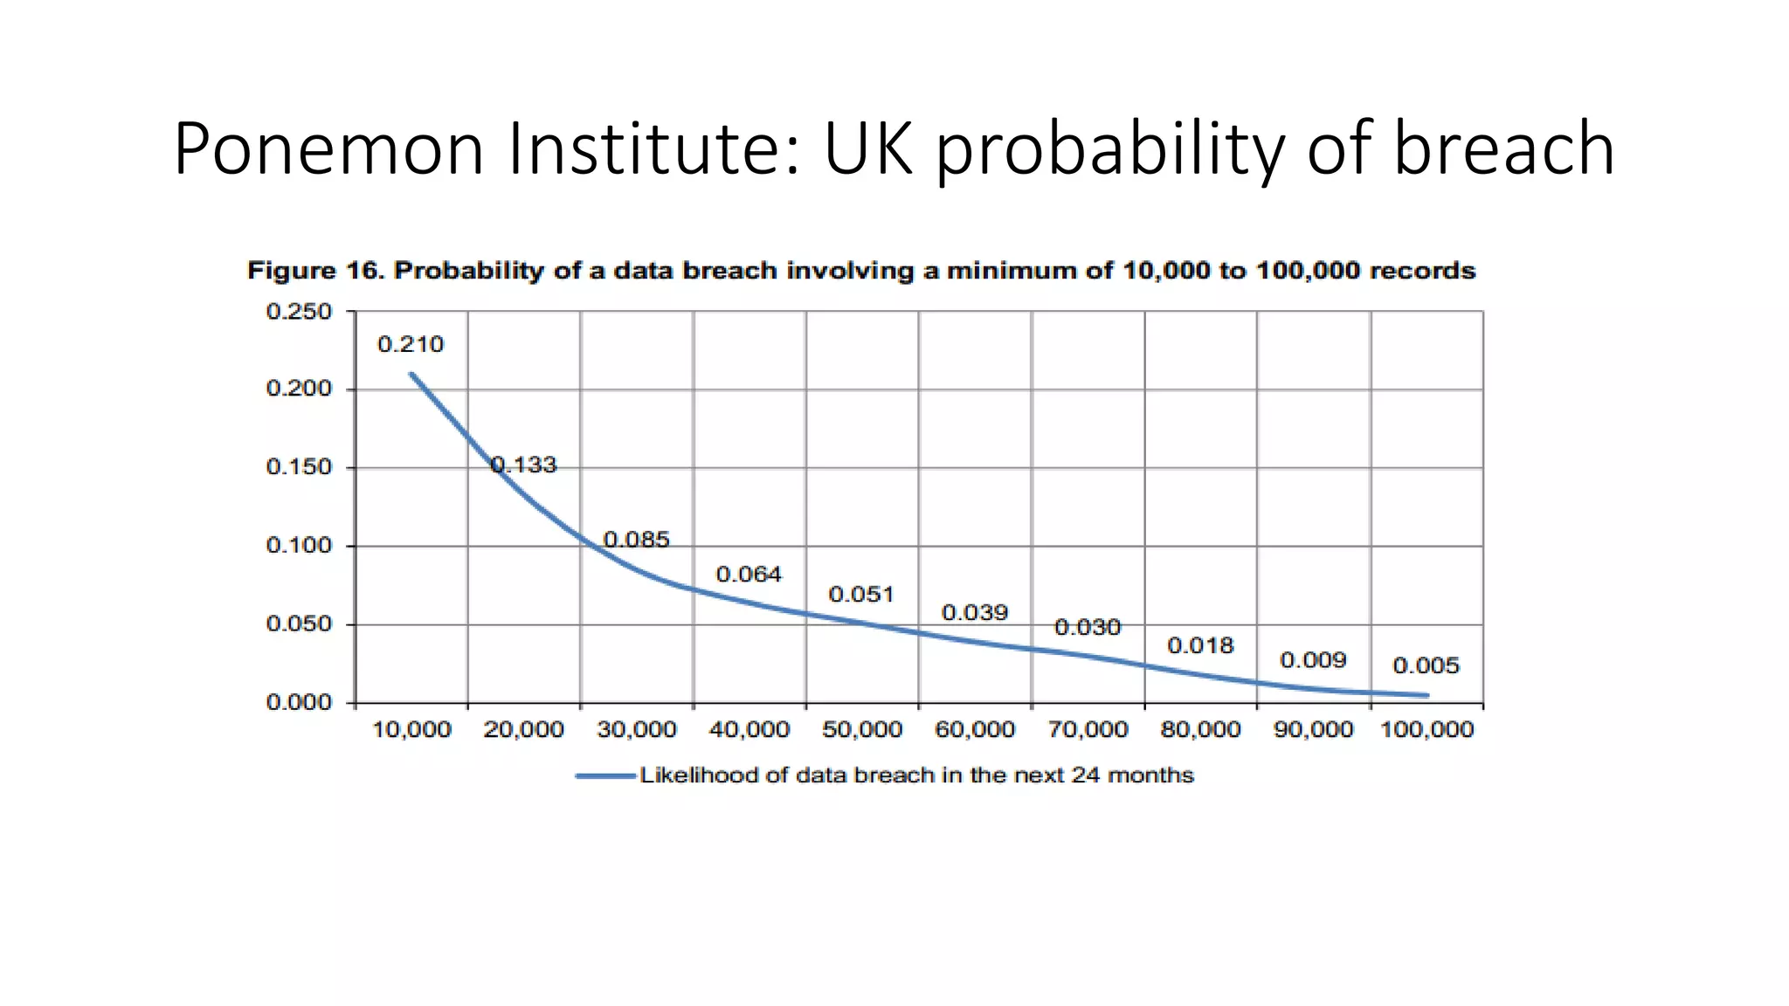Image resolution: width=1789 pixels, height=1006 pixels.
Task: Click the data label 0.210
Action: click(411, 345)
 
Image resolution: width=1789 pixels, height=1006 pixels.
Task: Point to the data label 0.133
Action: click(523, 465)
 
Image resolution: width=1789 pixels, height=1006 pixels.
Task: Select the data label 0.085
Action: click(636, 540)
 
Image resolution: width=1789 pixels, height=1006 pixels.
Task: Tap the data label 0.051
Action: click(861, 595)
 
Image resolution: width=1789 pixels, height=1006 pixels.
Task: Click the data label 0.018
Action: click(1200, 645)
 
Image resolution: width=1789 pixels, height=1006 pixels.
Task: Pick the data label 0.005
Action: click(1426, 666)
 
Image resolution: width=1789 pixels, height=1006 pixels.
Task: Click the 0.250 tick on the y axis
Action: click(299, 312)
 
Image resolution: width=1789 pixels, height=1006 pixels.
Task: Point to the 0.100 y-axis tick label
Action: click(299, 546)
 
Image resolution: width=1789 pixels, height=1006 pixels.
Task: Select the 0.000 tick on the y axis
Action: click(299, 702)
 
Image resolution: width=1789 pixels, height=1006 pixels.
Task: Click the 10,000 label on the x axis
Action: click(411, 730)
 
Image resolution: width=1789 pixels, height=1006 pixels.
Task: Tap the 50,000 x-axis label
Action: click(862, 730)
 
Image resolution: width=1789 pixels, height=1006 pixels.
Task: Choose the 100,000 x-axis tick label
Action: click(1426, 730)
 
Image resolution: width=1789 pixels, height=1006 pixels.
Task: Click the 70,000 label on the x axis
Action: click(1088, 730)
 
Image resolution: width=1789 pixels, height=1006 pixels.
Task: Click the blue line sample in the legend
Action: click(605, 775)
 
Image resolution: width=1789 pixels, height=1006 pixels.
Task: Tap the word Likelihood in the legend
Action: click(699, 775)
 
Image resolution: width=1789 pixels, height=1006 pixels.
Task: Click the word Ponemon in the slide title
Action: click(328, 150)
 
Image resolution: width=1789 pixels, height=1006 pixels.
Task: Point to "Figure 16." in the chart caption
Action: click(315, 271)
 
